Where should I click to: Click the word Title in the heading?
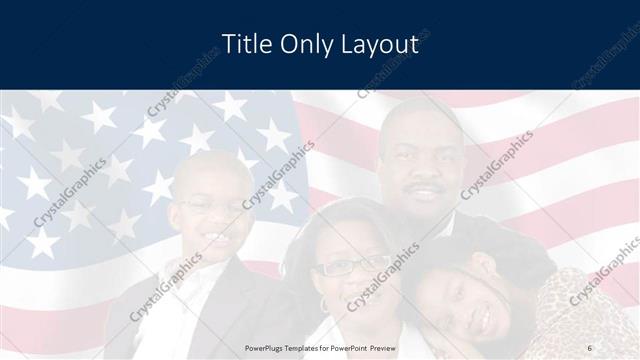[x=243, y=44]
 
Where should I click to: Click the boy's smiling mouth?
[x=213, y=239]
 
